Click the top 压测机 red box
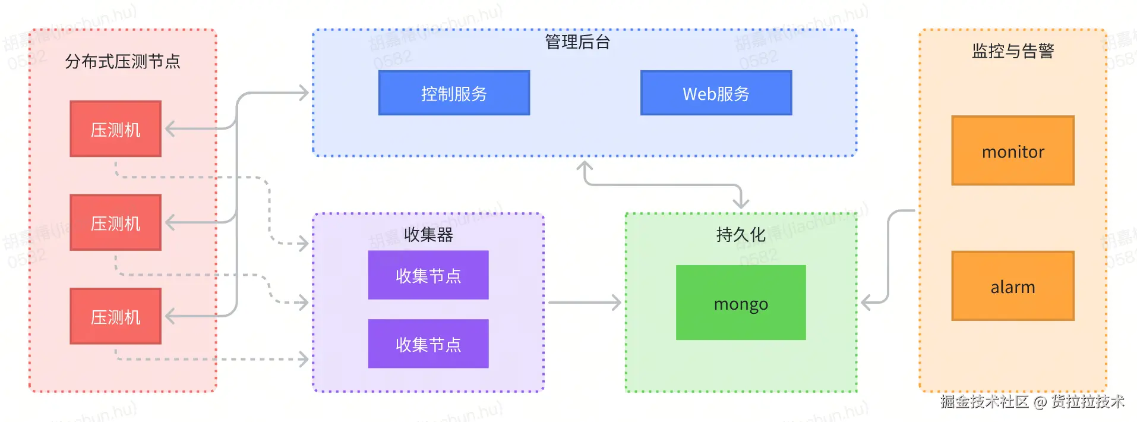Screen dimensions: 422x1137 115,129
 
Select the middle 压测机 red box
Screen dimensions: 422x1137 115,222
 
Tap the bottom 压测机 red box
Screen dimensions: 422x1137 115,316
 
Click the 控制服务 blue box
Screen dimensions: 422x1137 454,93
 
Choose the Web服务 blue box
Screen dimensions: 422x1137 716,93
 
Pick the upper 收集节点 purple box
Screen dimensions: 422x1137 428,275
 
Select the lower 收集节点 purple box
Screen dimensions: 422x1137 428,344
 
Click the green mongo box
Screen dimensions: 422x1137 741,303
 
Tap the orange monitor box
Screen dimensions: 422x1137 1013,151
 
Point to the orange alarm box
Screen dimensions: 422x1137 1013,286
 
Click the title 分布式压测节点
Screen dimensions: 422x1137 122,61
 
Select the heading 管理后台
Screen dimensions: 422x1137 577,42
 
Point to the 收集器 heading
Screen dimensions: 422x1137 428,234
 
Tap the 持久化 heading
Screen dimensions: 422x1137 741,234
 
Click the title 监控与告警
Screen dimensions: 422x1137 1013,51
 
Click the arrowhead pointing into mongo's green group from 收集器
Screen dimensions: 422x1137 616,303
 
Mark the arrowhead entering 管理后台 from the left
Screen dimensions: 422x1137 304,93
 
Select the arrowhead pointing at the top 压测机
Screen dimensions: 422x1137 170,129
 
